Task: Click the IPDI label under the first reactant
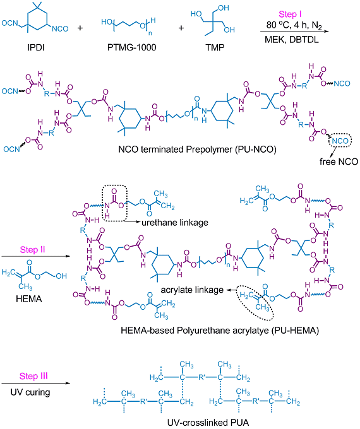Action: pos(35,47)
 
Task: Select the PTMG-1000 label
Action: pos(131,47)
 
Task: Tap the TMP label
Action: pos(215,47)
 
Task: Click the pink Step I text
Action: pos(290,15)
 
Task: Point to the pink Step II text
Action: pos(32,250)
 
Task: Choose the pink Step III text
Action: pos(33,376)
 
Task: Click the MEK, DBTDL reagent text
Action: pos(292,40)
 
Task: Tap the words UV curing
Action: pos(30,392)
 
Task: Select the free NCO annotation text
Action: pos(339,162)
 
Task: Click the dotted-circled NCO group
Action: pos(340,141)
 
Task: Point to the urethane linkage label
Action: pos(175,223)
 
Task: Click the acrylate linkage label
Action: pos(192,290)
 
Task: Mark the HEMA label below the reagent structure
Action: pos(29,298)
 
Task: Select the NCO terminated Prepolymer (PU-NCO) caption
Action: pos(197,150)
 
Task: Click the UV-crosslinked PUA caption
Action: pos(208,423)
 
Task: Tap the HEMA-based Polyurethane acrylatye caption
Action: pos(220,331)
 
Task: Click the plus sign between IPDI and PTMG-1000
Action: pos(80,28)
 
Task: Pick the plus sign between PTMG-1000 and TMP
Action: pos(181,28)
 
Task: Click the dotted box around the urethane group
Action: pos(102,203)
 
